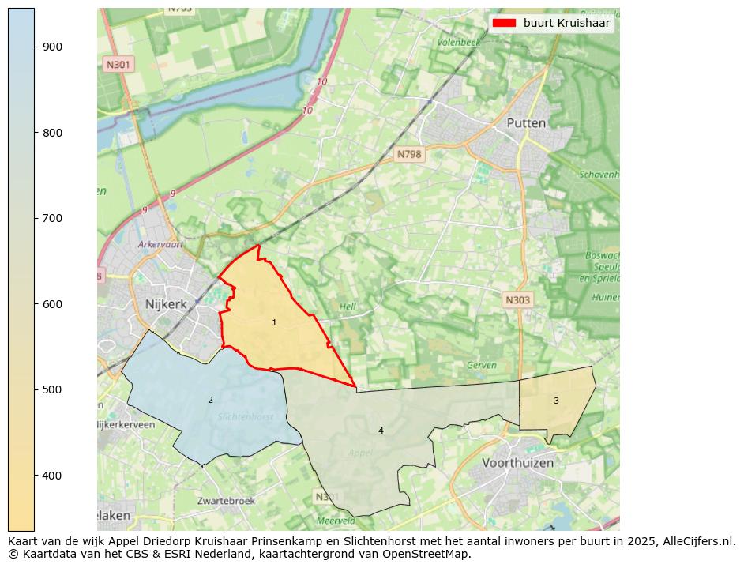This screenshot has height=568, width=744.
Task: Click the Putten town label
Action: tap(526, 123)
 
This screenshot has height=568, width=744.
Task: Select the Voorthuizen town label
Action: tap(517, 462)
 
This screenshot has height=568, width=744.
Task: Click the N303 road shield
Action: tap(517, 299)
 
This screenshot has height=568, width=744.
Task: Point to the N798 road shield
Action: tap(409, 155)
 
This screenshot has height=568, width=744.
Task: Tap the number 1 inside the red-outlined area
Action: tap(274, 322)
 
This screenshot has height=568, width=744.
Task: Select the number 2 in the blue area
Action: tap(210, 400)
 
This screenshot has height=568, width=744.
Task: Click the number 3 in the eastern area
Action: tap(556, 401)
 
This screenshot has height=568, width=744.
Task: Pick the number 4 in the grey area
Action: tap(381, 431)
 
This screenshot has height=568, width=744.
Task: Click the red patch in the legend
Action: tap(504, 23)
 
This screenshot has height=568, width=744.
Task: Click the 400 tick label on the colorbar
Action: tap(52, 476)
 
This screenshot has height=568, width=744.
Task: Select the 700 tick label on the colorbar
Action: tap(52, 218)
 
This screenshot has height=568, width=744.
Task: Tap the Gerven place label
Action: tap(481, 365)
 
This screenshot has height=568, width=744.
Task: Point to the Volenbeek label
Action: tap(458, 42)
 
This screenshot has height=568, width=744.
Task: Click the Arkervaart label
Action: tap(160, 245)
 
